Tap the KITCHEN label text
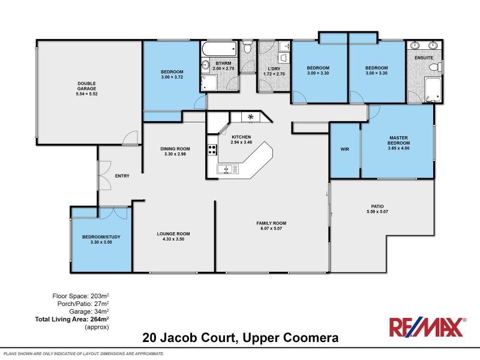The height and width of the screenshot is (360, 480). tap(241, 137)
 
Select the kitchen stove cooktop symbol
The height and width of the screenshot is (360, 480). tap(212, 149)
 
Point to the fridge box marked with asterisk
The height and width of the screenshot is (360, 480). tap(250, 117)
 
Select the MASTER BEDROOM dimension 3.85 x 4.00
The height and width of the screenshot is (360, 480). tap(398, 149)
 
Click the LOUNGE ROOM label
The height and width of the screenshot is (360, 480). tap(173, 234)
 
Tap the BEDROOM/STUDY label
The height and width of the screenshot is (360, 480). tap(101, 237)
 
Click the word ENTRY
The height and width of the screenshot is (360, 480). tap(122, 176)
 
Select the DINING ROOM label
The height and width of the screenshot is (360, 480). tap(175, 149)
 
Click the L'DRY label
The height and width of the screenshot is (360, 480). tap(274, 68)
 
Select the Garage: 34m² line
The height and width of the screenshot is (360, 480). tap(89, 312)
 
